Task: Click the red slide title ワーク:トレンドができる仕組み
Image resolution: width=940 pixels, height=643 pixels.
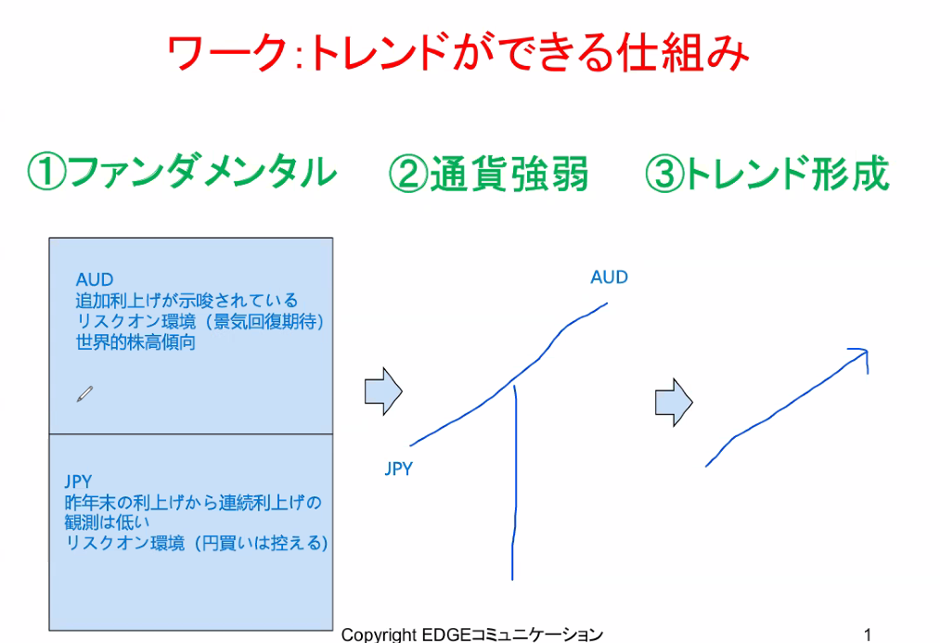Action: (x=458, y=53)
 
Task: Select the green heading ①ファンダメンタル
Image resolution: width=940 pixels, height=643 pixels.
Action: (x=182, y=173)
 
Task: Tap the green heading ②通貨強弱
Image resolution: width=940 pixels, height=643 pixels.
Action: (x=488, y=174)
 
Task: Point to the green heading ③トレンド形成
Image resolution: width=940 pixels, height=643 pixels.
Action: (x=766, y=174)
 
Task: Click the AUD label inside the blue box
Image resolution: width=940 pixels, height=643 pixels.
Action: (x=94, y=279)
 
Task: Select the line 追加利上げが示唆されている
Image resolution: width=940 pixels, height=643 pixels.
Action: (x=187, y=301)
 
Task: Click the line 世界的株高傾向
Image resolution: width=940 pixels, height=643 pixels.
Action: (x=135, y=342)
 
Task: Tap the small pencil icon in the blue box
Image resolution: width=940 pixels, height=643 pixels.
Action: (x=84, y=393)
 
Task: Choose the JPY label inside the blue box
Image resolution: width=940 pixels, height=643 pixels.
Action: (x=78, y=482)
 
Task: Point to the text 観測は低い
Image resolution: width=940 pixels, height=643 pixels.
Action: (x=107, y=522)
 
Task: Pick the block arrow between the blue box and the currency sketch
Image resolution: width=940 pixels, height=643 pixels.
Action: (x=383, y=392)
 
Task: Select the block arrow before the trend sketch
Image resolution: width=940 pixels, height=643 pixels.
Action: (x=674, y=402)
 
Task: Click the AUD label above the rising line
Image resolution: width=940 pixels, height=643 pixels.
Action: (x=609, y=276)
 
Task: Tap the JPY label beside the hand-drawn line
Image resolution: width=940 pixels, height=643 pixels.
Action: (x=399, y=469)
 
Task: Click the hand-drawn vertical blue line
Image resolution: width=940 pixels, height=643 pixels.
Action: (x=514, y=483)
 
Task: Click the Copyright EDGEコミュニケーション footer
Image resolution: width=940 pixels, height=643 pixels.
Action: (x=471, y=634)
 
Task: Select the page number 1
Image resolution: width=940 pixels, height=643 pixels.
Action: (x=868, y=634)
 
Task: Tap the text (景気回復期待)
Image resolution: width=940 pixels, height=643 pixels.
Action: (x=264, y=321)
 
